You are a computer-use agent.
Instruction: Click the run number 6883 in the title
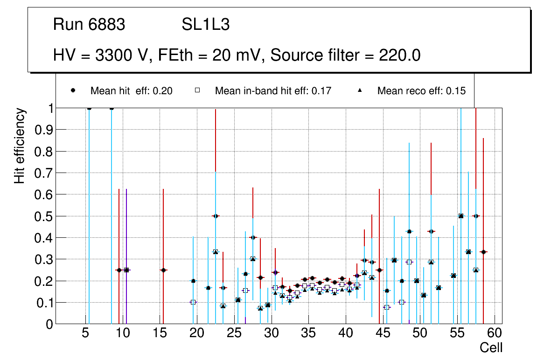pos(107,25)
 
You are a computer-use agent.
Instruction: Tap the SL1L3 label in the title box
pos(205,25)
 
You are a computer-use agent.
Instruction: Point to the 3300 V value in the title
pos(123,55)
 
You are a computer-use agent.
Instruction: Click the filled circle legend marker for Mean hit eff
pos(73,90)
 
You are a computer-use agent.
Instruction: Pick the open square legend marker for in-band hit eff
pos(198,90)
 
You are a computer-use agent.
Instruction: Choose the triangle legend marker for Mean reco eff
pos(360,90)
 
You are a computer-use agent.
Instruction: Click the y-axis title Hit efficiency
pos(20,145)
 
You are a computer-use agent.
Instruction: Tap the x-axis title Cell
pos(491,347)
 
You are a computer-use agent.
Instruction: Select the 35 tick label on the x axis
pos(308,333)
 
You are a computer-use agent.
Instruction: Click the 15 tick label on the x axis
pos(160,333)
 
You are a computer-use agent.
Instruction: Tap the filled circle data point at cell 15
pos(163,270)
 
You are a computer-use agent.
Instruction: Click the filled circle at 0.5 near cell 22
pos(216,216)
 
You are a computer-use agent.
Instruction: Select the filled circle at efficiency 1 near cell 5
pos(89,108)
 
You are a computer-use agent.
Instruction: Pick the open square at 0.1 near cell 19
pos(193,302)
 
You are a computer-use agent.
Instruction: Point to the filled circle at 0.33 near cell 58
pos(483,252)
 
